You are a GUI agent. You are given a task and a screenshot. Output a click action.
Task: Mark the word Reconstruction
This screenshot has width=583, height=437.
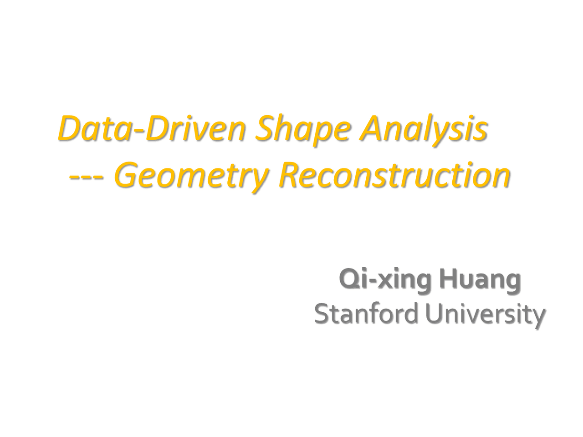click(x=394, y=175)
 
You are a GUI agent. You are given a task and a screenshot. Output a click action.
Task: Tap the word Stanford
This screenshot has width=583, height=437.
click(x=366, y=314)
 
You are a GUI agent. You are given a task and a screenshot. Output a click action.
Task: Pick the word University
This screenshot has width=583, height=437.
click(x=486, y=314)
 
